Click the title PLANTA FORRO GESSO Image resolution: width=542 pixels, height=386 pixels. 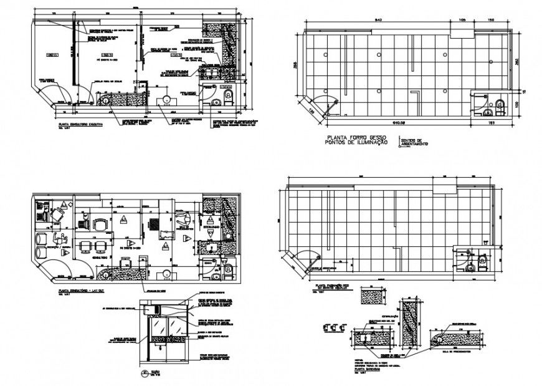[x=352, y=137]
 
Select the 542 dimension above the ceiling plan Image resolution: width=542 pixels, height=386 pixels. [x=378, y=21]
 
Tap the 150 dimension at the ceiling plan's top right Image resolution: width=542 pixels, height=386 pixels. [x=491, y=21]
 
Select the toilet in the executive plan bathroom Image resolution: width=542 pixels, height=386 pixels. [x=228, y=95]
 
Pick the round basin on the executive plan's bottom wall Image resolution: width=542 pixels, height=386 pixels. [x=166, y=99]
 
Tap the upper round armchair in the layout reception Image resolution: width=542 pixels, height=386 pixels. [x=43, y=238]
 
